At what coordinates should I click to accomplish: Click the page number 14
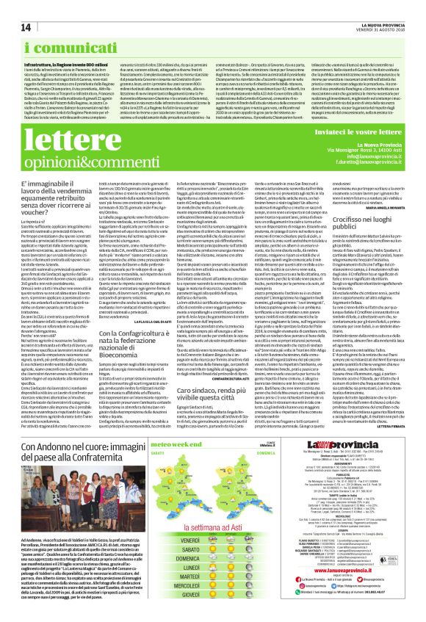tap(15, 7)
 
